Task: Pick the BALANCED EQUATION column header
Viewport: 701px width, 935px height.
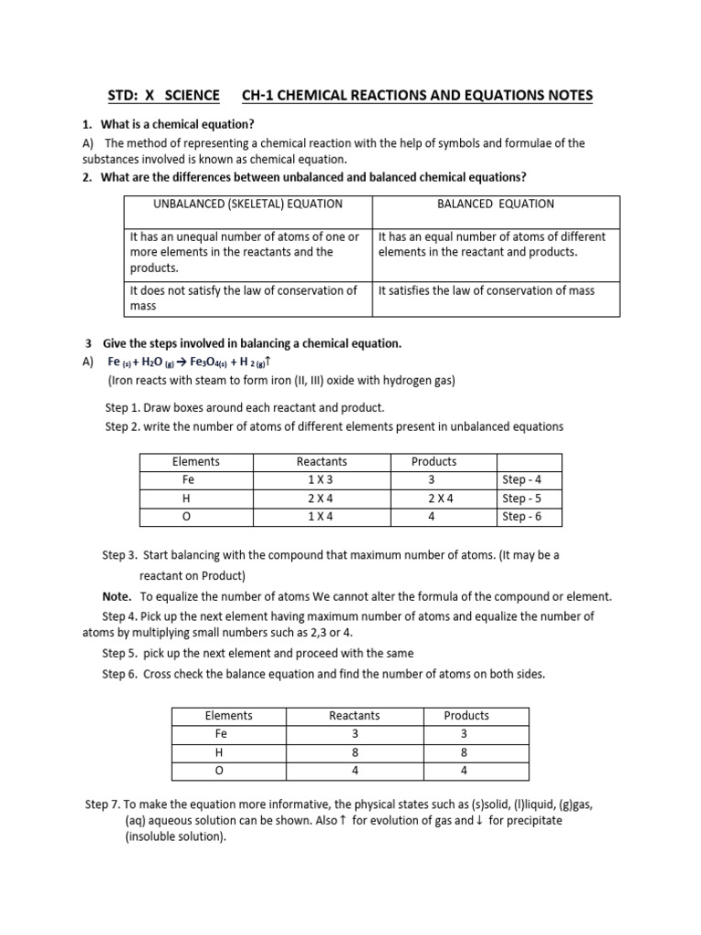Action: [496, 205]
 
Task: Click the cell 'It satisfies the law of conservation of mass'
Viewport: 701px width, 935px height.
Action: [486, 290]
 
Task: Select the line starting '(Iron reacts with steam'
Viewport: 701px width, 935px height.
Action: [281, 380]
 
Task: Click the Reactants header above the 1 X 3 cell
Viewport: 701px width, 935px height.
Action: [322, 462]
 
